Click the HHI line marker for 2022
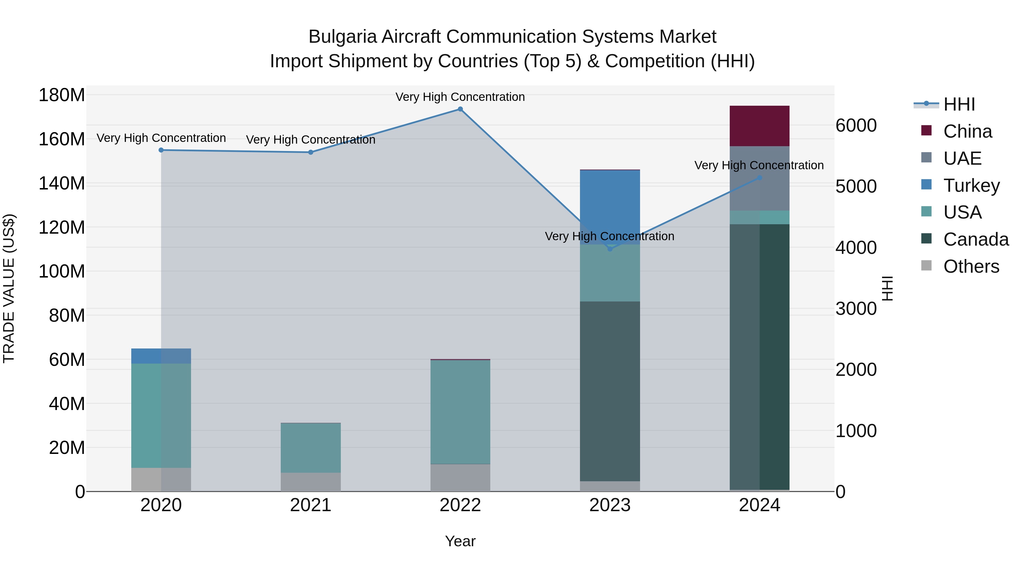pyautogui.click(x=460, y=109)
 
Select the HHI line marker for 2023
pyautogui.click(x=610, y=249)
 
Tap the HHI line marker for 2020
pyautogui.click(x=161, y=150)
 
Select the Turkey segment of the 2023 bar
pyautogui.click(x=610, y=199)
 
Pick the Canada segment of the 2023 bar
pyautogui.click(x=610, y=390)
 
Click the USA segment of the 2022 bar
pyautogui.click(x=460, y=412)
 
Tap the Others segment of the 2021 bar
pyautogui.click(x=310, y=482)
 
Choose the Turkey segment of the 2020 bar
pyautogui.click(x=161, y=356)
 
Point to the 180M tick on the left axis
pyautogui.click(x=62, y=95)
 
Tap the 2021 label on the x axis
pyautogui.click(x=310, y=505)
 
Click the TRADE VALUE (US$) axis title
pyautogui.click(x=9, y=288)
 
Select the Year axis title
pyautogui.click(x=460, y=541)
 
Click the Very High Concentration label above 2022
pyautogui.click(x=460, y=97)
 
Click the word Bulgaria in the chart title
pyautogui.click(x=342, y=37)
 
